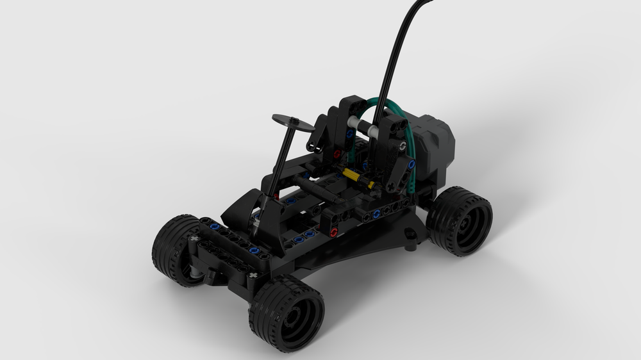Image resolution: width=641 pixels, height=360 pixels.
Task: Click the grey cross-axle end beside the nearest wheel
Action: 254,276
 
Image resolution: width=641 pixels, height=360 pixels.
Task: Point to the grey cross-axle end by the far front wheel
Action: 194,240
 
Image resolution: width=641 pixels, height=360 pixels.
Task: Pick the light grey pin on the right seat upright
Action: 402,146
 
